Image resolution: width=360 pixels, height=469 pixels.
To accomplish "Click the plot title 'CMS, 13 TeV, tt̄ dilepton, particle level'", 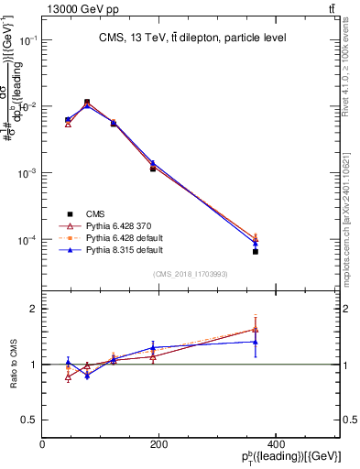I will [192, 38].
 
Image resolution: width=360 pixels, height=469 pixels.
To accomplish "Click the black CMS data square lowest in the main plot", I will [256, 251].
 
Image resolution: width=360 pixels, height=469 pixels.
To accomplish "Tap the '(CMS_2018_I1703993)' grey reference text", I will [191, 274].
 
